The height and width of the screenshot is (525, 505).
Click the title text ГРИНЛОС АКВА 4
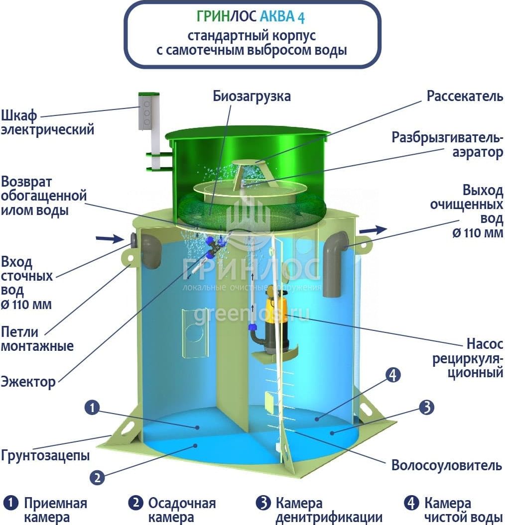(x=251, y=16)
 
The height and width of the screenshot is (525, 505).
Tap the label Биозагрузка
(x=252, y=97)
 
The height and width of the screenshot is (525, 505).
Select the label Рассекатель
(x=465, y=96)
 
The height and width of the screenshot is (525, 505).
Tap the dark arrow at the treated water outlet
(x=374, y=230)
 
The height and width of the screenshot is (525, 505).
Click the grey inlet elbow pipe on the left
(x=151, y=250)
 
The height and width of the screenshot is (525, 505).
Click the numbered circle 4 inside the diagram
(x=393, y=375)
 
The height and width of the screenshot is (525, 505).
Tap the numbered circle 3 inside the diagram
(x=427, y=407)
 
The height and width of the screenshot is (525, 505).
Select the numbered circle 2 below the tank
(x=98, y=477)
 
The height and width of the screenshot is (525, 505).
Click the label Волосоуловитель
(x=447, y=465)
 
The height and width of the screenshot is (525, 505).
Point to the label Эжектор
(x=28, y=382)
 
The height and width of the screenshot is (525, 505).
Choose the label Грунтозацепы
(x=45, y=456)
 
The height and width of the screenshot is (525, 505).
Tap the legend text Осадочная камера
(x=182, y=510)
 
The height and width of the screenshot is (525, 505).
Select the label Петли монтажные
(x=37, y=339)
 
